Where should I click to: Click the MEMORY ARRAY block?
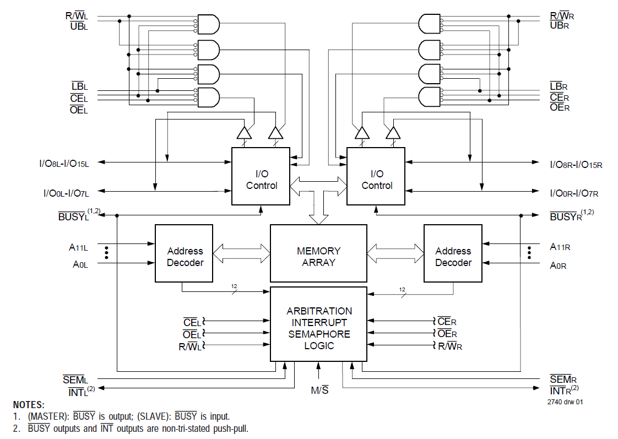318,257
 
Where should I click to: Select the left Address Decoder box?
184,257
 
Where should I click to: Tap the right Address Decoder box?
453,257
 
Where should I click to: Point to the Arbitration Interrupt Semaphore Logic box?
318,328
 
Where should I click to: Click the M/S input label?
319,391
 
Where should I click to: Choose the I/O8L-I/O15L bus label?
64,164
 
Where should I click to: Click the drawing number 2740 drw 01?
565,402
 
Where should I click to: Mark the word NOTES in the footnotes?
29,405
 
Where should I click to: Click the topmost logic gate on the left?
208,24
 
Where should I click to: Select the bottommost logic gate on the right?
430,97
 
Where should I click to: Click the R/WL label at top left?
77,16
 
